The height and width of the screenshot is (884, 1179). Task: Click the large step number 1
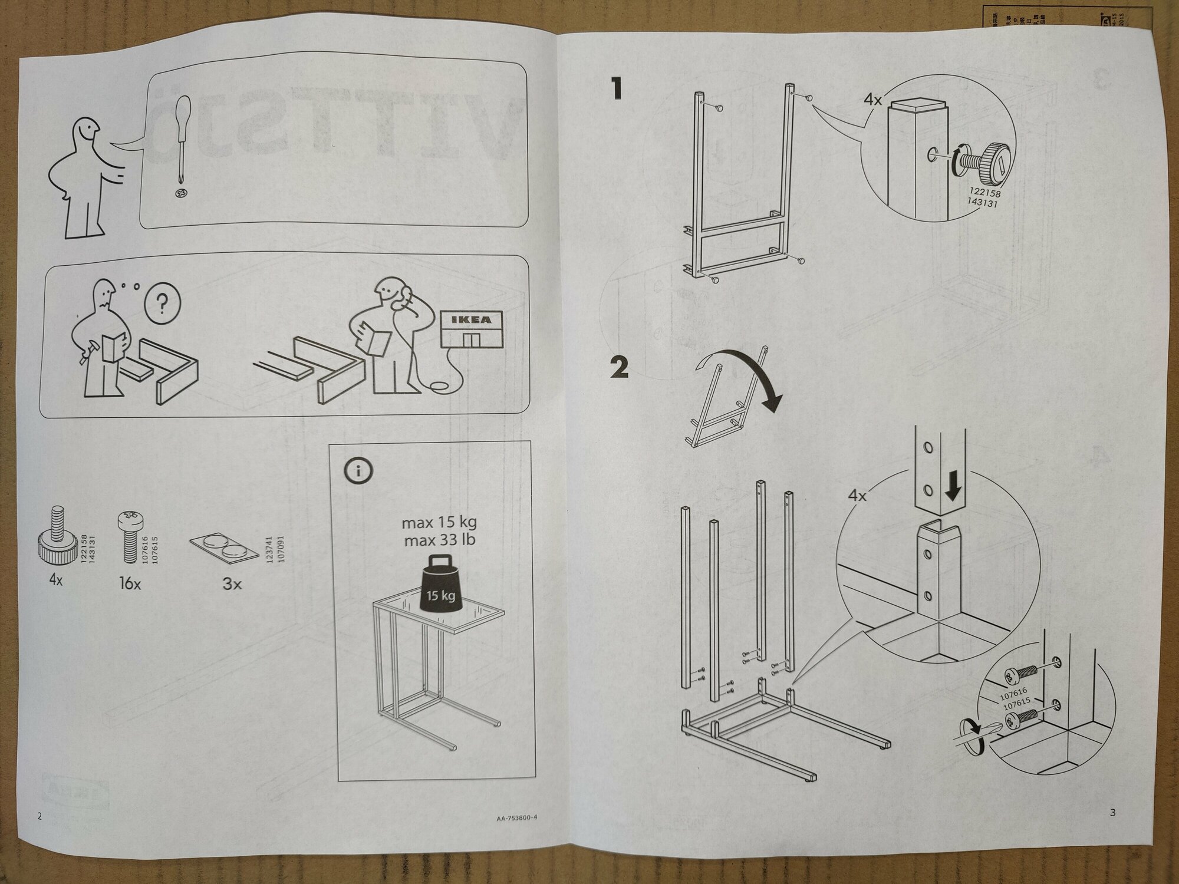point(617,90)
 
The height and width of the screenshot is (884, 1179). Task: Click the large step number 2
point(620,369)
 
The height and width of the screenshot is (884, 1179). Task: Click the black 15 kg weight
point(440,585)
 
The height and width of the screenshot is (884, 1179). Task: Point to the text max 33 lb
point(440,540)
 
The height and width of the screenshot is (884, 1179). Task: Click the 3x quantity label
point(232,584)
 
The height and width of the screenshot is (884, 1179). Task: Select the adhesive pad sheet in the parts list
point(225,547)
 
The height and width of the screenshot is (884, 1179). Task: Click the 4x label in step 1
point(872,100)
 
